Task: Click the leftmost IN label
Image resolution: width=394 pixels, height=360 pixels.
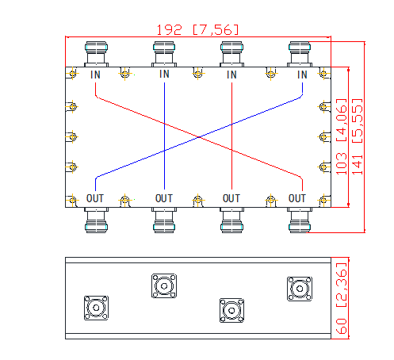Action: [95, 75]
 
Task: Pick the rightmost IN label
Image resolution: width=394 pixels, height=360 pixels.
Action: [302, 75]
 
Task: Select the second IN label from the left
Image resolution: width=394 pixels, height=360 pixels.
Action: [164, 74]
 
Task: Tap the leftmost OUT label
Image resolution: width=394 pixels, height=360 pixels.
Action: [95, 198]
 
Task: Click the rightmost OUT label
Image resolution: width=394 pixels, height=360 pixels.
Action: [297, 198]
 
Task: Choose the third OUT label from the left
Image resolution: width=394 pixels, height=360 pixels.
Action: [231, 198]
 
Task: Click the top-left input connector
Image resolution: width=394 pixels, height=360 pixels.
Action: [96, 54]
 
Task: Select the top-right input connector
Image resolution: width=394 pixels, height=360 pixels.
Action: [300, 54]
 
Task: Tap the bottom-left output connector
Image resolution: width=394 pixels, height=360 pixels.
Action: [96, 220]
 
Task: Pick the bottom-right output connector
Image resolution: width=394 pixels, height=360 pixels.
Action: [300, 220]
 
